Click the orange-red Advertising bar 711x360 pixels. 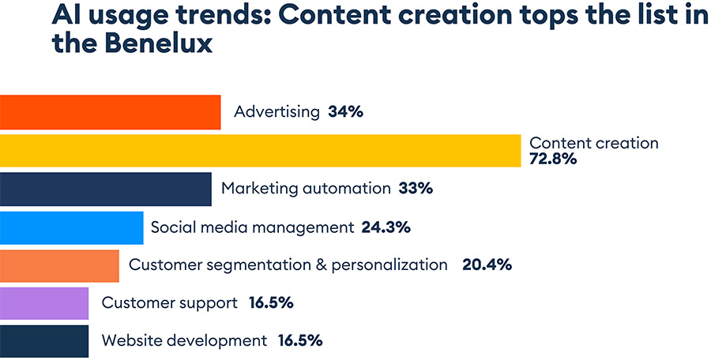click(x=110, y=112)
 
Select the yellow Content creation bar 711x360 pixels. click(x=260, y=151)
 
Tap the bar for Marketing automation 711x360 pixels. click(x=105, y=189)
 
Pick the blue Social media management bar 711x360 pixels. click(x=71, y=227)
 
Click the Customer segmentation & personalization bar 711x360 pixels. click(x=59, y=265)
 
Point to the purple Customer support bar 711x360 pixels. click(x=44, y=303)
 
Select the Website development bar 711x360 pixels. click(x=44, y=341)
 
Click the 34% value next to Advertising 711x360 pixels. click(x=345, y=112)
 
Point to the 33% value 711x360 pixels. click(x=416, y=189)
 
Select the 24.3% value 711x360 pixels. click(x=386, y=227)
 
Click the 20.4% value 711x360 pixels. click(x=487, y=265)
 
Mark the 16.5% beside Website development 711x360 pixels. click(x=299, y=341)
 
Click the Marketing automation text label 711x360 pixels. click(x=306, y=189)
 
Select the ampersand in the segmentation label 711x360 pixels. click(x=321, y=265)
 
